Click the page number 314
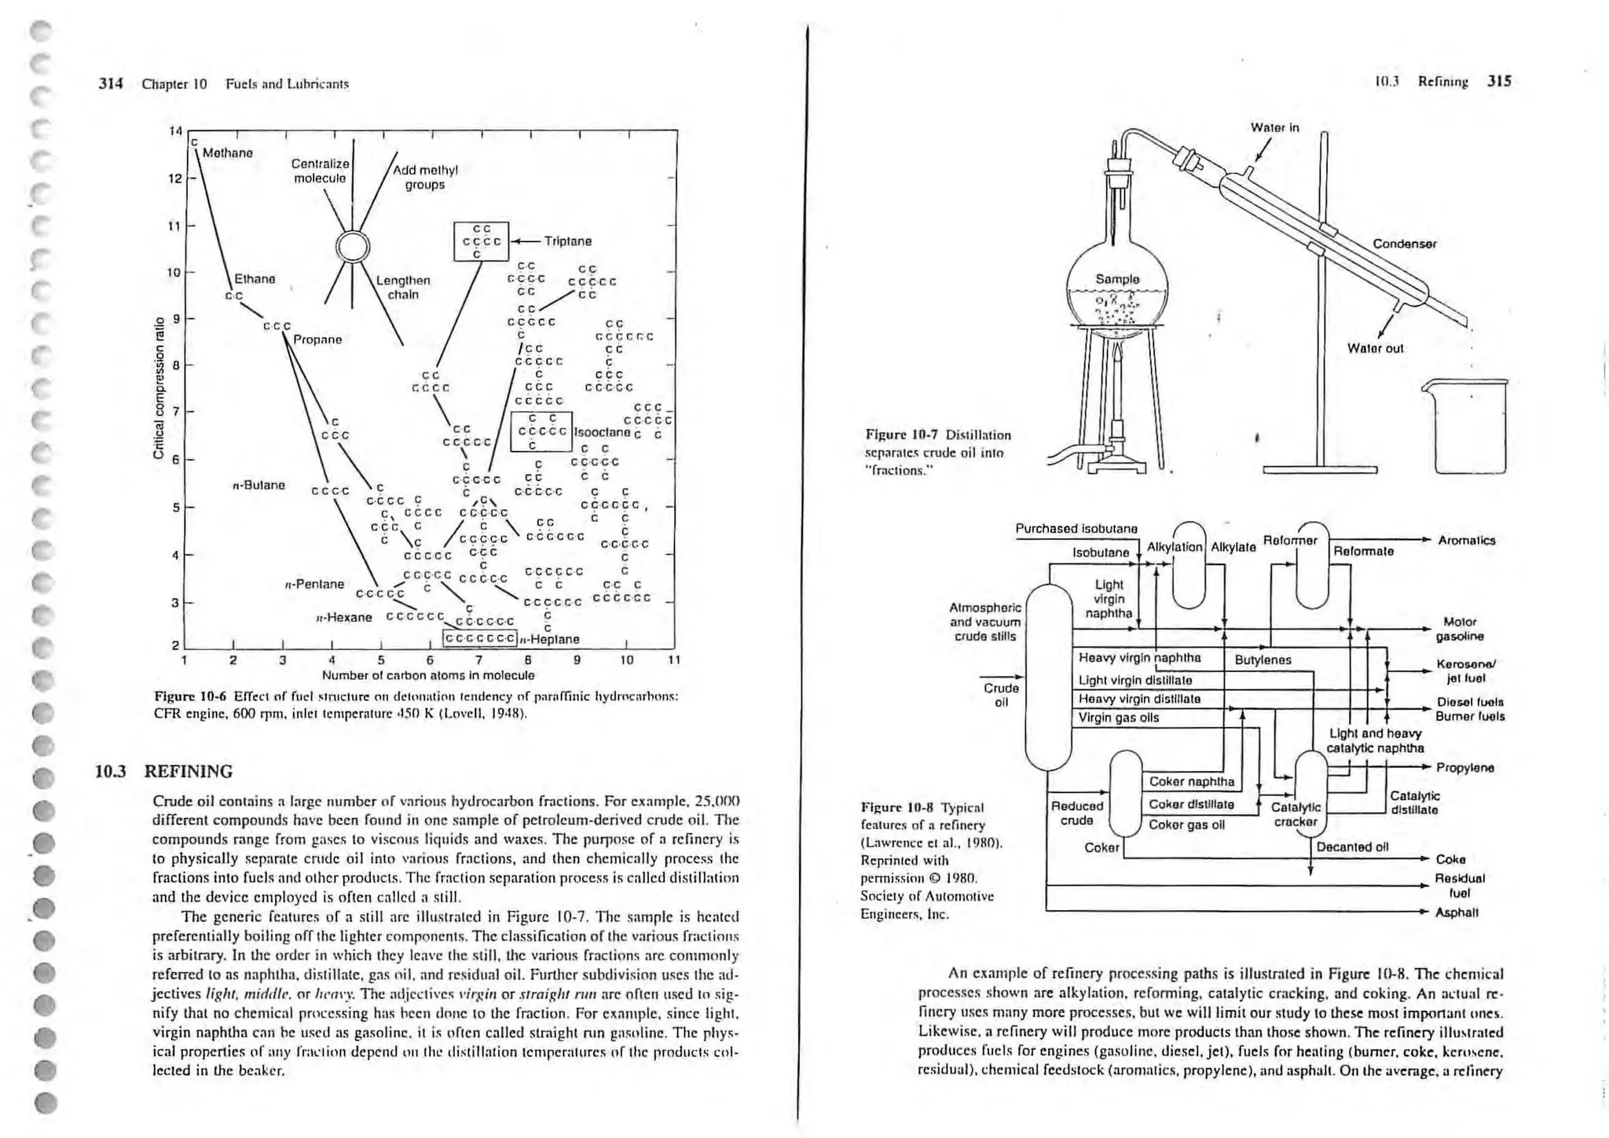[111, 83]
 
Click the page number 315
[1499, 81]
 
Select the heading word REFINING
[189, 771]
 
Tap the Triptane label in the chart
[567, 241]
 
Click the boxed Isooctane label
[603, 432]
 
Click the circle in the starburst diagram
[353, 247]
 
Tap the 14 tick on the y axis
[175, 130]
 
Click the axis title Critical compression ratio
[159, 387]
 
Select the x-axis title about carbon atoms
[428, 675]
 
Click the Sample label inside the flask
[1117, 279]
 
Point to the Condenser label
[1405, 244]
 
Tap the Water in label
[1274, 127]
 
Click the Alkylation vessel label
[1175, 547]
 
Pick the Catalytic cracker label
[1296, 814]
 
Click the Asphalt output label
[1457, 912]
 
